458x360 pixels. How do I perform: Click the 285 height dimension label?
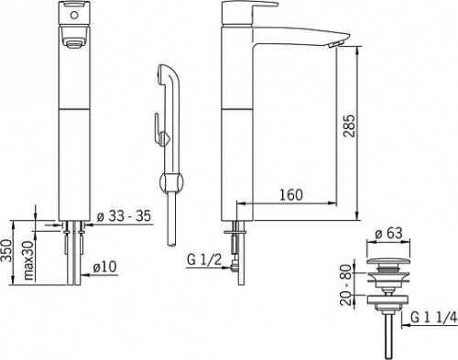pyautogui.click(x=349, y=125)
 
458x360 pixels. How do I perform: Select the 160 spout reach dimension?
pyautogui.click(x=291, y=195)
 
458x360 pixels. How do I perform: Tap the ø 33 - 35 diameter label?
pyautogui.click(x=124, y=216)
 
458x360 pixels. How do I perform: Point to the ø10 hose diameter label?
pyautogui.click(x=104, y=267)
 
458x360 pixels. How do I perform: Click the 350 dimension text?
pyautogui.click(x=6, y=250)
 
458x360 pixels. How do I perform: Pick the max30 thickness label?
pyautogui.click(x=29, y=260)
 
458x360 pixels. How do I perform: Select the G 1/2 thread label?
pyautogui.click(x=204, y=260)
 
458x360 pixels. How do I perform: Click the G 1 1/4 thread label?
pyautogui.click(x=434, y=318)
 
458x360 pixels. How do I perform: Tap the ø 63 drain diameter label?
pyautogui.click(x=388, y=234)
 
